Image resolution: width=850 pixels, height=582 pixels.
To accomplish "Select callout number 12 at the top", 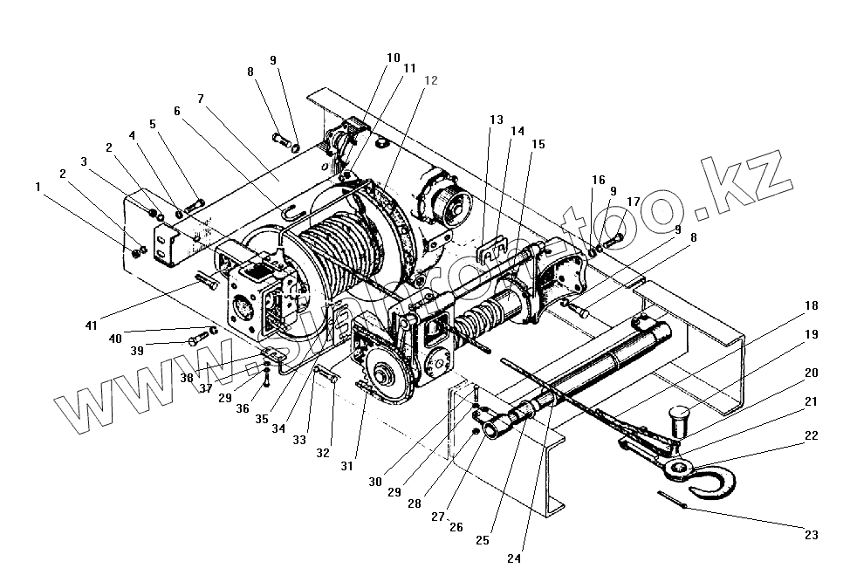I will pos(430,80).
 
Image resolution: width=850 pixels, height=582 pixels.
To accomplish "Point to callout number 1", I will pos(38,186).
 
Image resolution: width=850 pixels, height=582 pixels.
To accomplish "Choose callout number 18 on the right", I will pos(812,305).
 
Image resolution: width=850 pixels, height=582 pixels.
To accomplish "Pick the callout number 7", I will pos(201,99).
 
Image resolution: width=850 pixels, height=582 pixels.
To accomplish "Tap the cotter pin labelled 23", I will pos(673,502).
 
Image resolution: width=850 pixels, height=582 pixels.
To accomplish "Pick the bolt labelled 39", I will pos(195,341).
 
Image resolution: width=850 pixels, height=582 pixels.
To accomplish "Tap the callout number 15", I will pos(537,145).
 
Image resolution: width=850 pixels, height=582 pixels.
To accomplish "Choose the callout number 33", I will pos(299,441).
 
